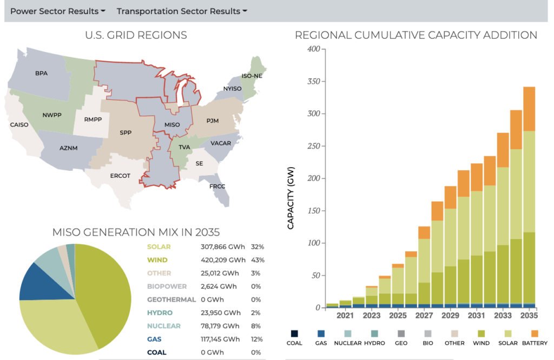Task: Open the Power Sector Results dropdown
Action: [57, 11]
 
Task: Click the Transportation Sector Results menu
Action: [182, 11]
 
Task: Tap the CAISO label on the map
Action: [19, 125]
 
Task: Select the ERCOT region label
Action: [120, 175]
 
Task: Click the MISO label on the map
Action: [172, 125]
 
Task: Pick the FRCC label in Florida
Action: [217, 186]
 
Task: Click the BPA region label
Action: [41, 73]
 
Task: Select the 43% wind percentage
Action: [258, 260]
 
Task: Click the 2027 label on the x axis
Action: [424, 315]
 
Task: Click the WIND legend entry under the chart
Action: [481, 343]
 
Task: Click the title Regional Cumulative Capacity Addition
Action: [415, 35]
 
